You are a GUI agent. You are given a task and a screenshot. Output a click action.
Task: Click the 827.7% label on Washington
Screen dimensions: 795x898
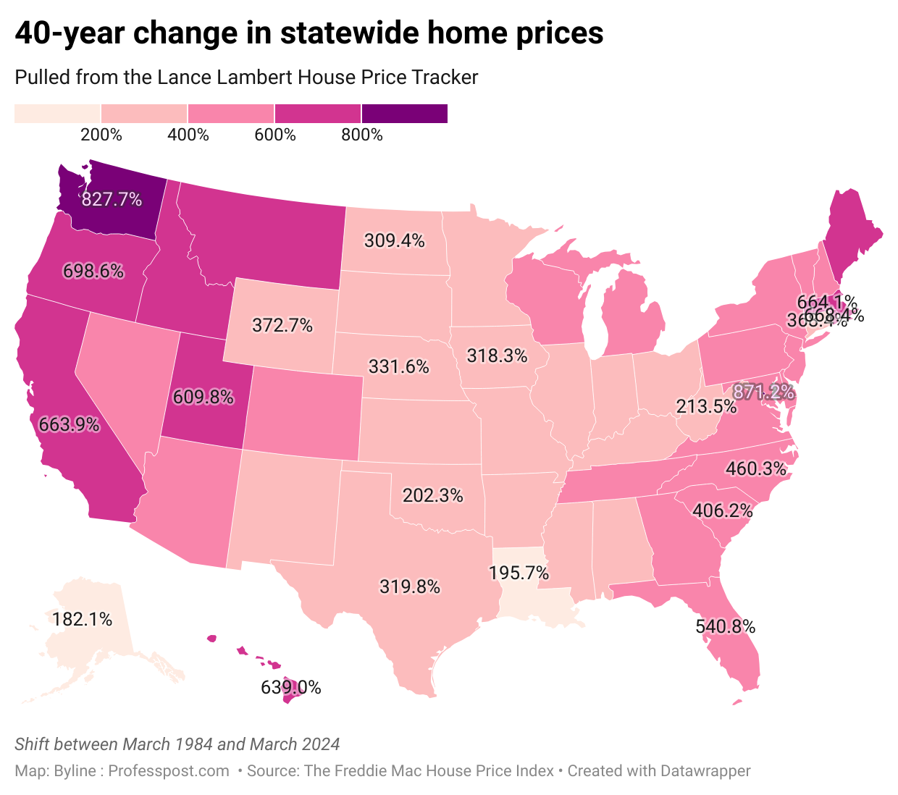pos(112,199)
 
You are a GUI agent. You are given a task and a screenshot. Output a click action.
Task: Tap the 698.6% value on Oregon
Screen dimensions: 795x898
pos(93,272)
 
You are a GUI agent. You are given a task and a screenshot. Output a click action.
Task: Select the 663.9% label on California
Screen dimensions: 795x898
pos(69,424)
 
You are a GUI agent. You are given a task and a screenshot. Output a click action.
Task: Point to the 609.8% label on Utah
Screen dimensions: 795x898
pos(203,397)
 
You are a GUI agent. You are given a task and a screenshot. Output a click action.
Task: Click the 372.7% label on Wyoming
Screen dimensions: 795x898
pos(282,326)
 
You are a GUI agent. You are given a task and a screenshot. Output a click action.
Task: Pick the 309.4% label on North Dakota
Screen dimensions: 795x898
pos(394,240)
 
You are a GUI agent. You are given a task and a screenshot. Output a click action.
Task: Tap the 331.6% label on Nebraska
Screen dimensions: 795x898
pos(399,366)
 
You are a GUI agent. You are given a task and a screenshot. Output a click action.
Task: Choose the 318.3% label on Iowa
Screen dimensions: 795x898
pos(497,356)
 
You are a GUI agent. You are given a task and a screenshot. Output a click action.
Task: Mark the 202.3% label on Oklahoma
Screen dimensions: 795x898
pos(433,496)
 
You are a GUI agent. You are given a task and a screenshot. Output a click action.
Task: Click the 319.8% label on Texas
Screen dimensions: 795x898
pos(410,586)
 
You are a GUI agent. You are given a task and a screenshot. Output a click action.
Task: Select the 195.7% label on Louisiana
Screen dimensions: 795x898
pos(519,573)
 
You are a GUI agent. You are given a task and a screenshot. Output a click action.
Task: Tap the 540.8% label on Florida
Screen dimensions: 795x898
pos(725,626)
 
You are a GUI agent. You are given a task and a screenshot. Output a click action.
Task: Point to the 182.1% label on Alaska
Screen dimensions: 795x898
pos(83,619)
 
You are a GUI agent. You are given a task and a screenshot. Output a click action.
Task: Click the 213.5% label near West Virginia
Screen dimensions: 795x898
pos(706,407)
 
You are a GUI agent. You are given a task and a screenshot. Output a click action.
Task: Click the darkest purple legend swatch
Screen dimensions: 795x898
pos(404,114)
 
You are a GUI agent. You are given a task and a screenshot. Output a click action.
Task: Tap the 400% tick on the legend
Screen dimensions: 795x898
pos(188,135)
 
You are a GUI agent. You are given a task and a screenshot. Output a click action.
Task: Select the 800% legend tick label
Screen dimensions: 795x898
pos(362,135)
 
